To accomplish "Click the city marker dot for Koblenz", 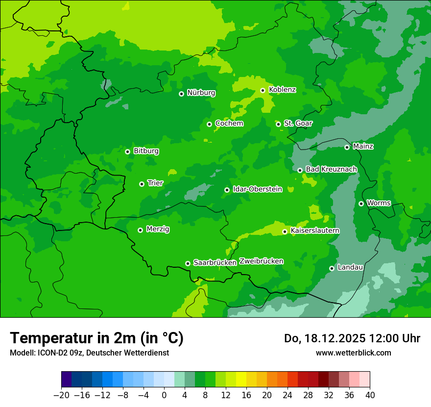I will click(x=263, y=90).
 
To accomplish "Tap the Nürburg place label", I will click(x=201, y=93).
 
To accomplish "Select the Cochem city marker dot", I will click(x=209, y=124).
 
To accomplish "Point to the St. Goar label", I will click(x=298, y=124).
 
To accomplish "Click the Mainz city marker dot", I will click(x=347, y=147).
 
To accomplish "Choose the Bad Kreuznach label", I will click(x=331, y=169).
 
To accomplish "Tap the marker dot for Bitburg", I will click(x=127, y=152).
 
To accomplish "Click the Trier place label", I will click(x=155, y=183).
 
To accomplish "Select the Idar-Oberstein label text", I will click(x=258, y=189).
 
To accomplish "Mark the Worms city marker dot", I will click(x=361, y=203).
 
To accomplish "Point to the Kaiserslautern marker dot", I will click(x=285, y=231).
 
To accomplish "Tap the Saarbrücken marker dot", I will click(x=188, y=263).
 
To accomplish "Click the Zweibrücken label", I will click(x=261, y=261).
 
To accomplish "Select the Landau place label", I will click(x=350, y=267).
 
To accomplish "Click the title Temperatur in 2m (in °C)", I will click(x=96, y=338).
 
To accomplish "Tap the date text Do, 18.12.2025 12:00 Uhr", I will click(x=352, y=338).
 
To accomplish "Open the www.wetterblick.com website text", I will click(x=353, y=353).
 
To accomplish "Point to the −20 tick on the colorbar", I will click(x=61, y=395).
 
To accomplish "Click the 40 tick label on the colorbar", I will click(x=370, y=395).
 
